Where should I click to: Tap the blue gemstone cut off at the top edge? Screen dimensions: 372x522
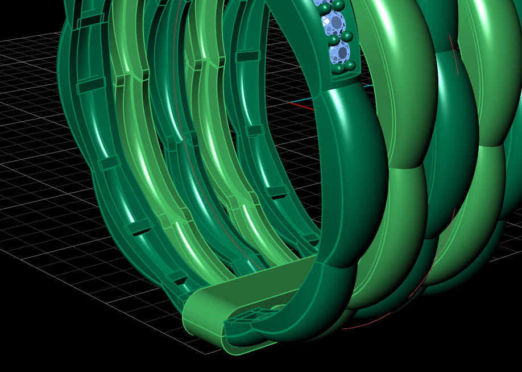(318, 2)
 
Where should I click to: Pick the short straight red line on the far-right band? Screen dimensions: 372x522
(453, 55)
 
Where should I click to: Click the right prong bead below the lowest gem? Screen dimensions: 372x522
(350, 65)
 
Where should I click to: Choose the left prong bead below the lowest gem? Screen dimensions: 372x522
(339, 69)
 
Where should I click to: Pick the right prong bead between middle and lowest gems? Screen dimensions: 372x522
(346, 37)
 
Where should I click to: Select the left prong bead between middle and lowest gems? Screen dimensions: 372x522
(333, 40)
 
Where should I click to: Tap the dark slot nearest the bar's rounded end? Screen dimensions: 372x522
(177, 278)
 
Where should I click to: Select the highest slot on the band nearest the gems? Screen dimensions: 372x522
(247, 56)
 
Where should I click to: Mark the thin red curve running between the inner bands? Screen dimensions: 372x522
(196, 188)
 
